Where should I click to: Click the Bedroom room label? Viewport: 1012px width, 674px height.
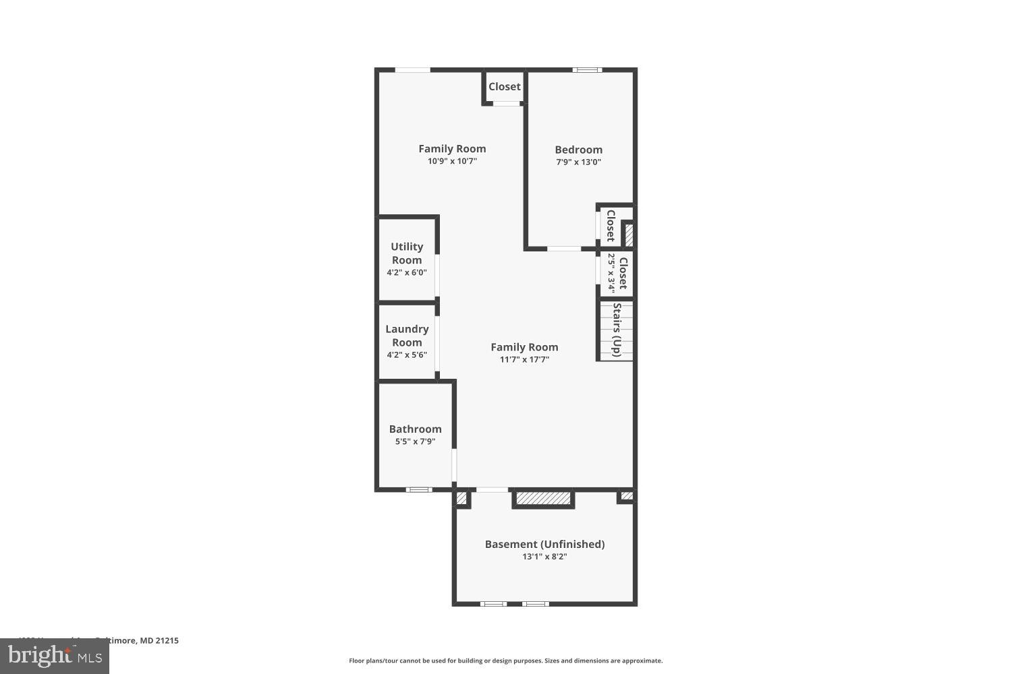pos(578,150)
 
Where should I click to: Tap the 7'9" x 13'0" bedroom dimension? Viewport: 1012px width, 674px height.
pos(578,162)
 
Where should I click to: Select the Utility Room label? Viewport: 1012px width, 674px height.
pos(407,253)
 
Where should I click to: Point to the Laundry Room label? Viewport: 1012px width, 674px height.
pos(407,336)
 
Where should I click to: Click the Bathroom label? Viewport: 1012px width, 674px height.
pos(415,429)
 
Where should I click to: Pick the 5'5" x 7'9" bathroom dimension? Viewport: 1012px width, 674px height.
pos(415,442)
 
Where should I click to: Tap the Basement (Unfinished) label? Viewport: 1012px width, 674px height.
pos(544,545)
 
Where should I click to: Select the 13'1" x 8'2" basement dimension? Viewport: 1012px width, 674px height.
pos(544,557)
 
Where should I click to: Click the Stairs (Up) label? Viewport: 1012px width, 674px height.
pos(617,330)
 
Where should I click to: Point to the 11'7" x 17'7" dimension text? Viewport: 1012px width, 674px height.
pos(524,360)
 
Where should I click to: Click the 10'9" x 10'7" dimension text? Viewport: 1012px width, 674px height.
pos(452,162)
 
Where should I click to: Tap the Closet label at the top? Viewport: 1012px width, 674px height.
pos(505,87)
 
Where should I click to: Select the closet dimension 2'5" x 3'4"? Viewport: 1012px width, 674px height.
pos(611,273)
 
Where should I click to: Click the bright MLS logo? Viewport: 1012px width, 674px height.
pos(55,655)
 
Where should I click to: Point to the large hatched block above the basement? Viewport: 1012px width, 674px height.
pos(543,498)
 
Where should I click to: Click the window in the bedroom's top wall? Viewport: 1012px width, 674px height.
pos(587,69)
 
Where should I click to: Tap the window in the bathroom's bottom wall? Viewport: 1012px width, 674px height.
pos(419,489)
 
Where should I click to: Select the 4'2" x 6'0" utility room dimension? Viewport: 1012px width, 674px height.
pos(407,273)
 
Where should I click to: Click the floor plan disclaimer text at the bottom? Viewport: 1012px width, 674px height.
pos(505,661)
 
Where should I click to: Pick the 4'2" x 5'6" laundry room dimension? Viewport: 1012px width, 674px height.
pos(407,355)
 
